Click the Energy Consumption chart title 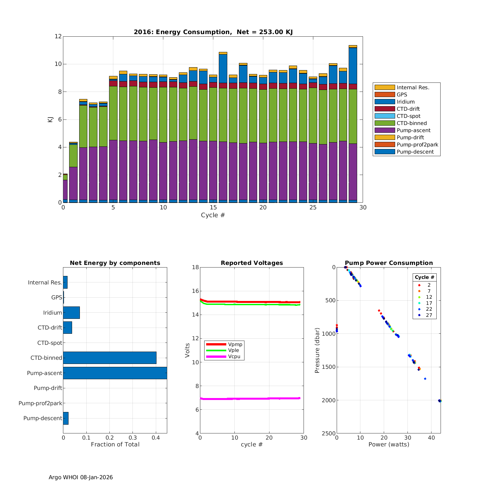(x=213, y=32)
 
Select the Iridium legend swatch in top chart (x=384, y=102)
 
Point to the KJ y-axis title (x=50, y=119)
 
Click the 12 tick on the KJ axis (x=58, y=36)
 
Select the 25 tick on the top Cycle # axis (x=313, y=207)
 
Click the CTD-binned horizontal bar (x=110, y=357)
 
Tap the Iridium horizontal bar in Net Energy (x=71, y=312)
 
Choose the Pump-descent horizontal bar (x=66, y=418)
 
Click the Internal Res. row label (x=45, y=282)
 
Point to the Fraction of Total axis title (x=115, y=444)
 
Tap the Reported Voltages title (x=252, y=263)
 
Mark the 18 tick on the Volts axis (x=195, y=267)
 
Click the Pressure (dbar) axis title (x=317, y=350)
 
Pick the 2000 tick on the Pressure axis (x=329, y=400)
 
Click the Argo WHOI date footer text (x=81, y=477)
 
